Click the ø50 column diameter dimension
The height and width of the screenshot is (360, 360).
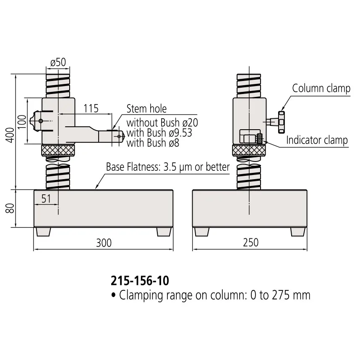[x=58, y=63]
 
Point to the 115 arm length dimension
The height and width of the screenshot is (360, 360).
[x=91, y=108]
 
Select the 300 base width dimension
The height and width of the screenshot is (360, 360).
[x=103, y=242]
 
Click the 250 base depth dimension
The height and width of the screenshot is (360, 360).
[x=250, y=242]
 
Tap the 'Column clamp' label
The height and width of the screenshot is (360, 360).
[x=321, y=88]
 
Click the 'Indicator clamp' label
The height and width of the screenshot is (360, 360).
[x=317, y=140]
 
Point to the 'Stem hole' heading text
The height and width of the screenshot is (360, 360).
[x=146, y=109]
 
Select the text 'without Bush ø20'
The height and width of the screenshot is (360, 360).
[x=162, y=123]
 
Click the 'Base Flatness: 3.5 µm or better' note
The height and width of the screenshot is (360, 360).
[x=168, y=167]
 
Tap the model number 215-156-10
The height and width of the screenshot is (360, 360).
[x=140, y=280]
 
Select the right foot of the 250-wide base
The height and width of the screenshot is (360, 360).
[x=298, y=232]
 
